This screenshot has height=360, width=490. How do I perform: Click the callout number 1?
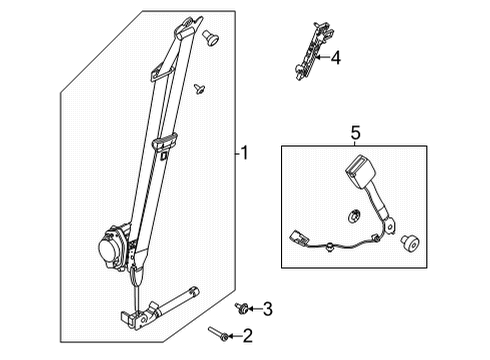[x=243, y=153]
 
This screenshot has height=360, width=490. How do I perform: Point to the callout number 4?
[x=335, y=58]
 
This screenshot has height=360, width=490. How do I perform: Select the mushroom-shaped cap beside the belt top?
[x=211, y=38]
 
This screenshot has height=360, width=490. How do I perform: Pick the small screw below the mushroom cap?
[x=201, y=90]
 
